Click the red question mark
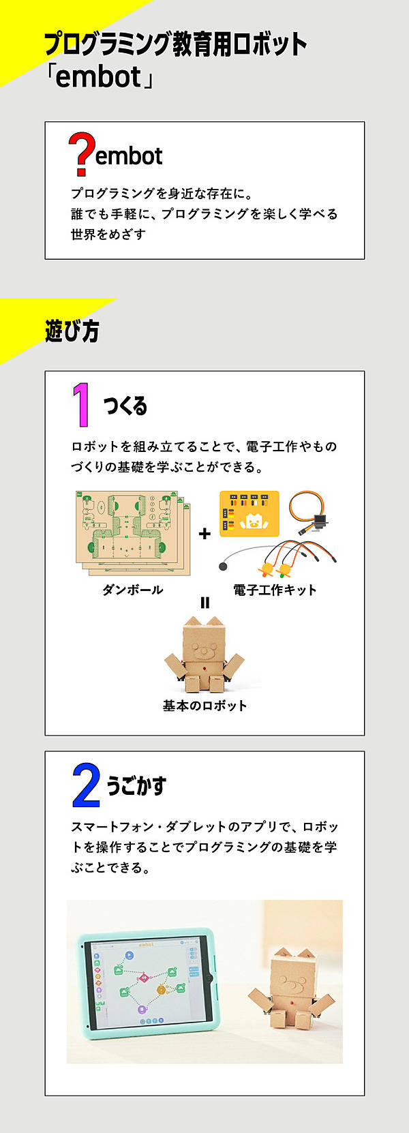tap(81, 154)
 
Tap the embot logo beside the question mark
tap(129, 156)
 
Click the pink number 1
tap(81, 404)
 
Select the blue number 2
tap(86, 785)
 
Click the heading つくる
tap(125, 406)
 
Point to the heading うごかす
tap(136, 786)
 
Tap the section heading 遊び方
tap(72, 331)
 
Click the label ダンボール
tap(132, 589)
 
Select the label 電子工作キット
tap(275, 590)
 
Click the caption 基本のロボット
tap(204, 706)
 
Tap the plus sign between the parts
tap(204, 534)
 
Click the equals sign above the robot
tap(204, 603)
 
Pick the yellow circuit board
tap(249, 513)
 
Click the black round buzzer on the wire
tap(223, 566)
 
